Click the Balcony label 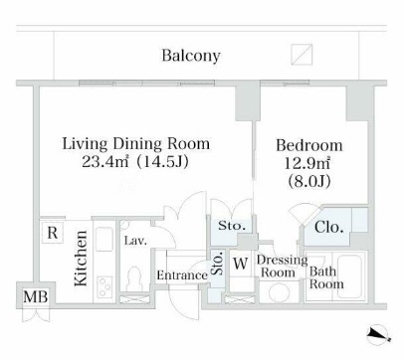[x=191, y=56]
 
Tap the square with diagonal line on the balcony [x=302, y=55]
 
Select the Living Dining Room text [x=136, y=144]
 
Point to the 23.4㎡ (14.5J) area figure [x=135, y=162]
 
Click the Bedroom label [x=309, y=145]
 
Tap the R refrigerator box [x=53, y=233]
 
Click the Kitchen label [x=81, y=259]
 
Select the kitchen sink [x=104, y=239]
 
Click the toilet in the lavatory [x=134, y=277]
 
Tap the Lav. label [x=135, y=241]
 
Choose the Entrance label [x=182, y=275]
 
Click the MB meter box [x=36, y=296]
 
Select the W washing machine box [x=241, y=264]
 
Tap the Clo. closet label [x=328, y=228]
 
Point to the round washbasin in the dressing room [x=280, y=292]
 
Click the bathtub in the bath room [x=350, y=275]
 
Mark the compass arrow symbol [x=378, y=334]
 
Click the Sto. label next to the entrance [x=218, y=264]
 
